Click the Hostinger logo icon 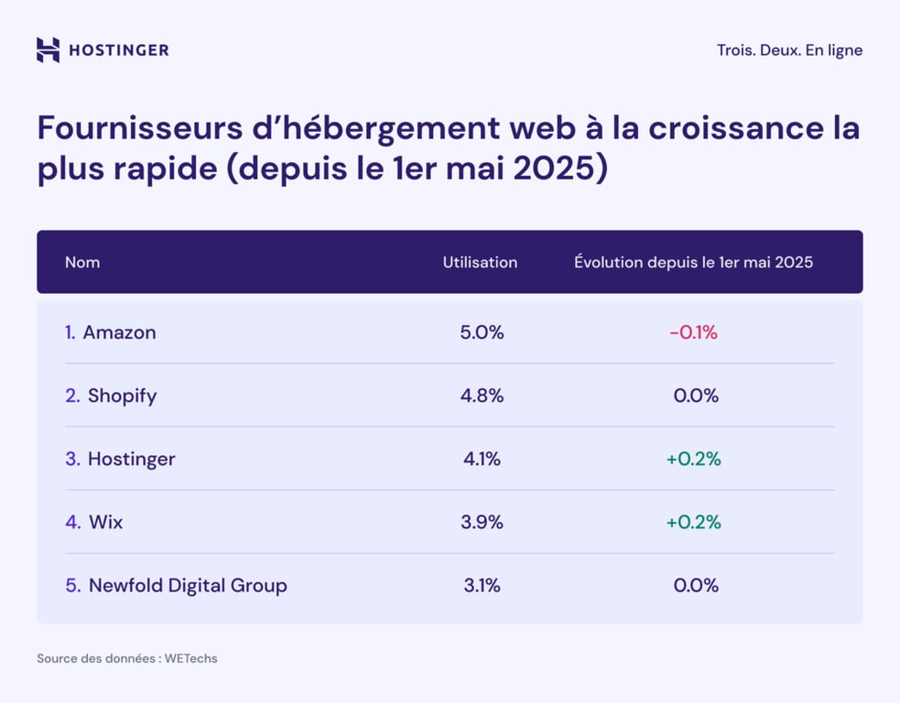(48, 49)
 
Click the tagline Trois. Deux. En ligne (789, 50)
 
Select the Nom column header (82, 263)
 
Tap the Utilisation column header (480, 263)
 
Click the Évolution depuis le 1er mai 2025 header (693, 263)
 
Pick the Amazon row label (119, 333)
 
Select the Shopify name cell (122, 396)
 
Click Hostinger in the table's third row (131, 460)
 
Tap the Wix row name (105, 523)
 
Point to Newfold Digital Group (188, 586)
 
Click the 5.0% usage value (482, 333)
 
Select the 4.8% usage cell (482, 396)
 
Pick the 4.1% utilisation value (482, 460)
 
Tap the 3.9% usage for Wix (482, 523)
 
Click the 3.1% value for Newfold (482, 586)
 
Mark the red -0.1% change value (693, 333)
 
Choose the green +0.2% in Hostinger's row (693, 460)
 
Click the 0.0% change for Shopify (696, 396)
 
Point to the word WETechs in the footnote (190, 658)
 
